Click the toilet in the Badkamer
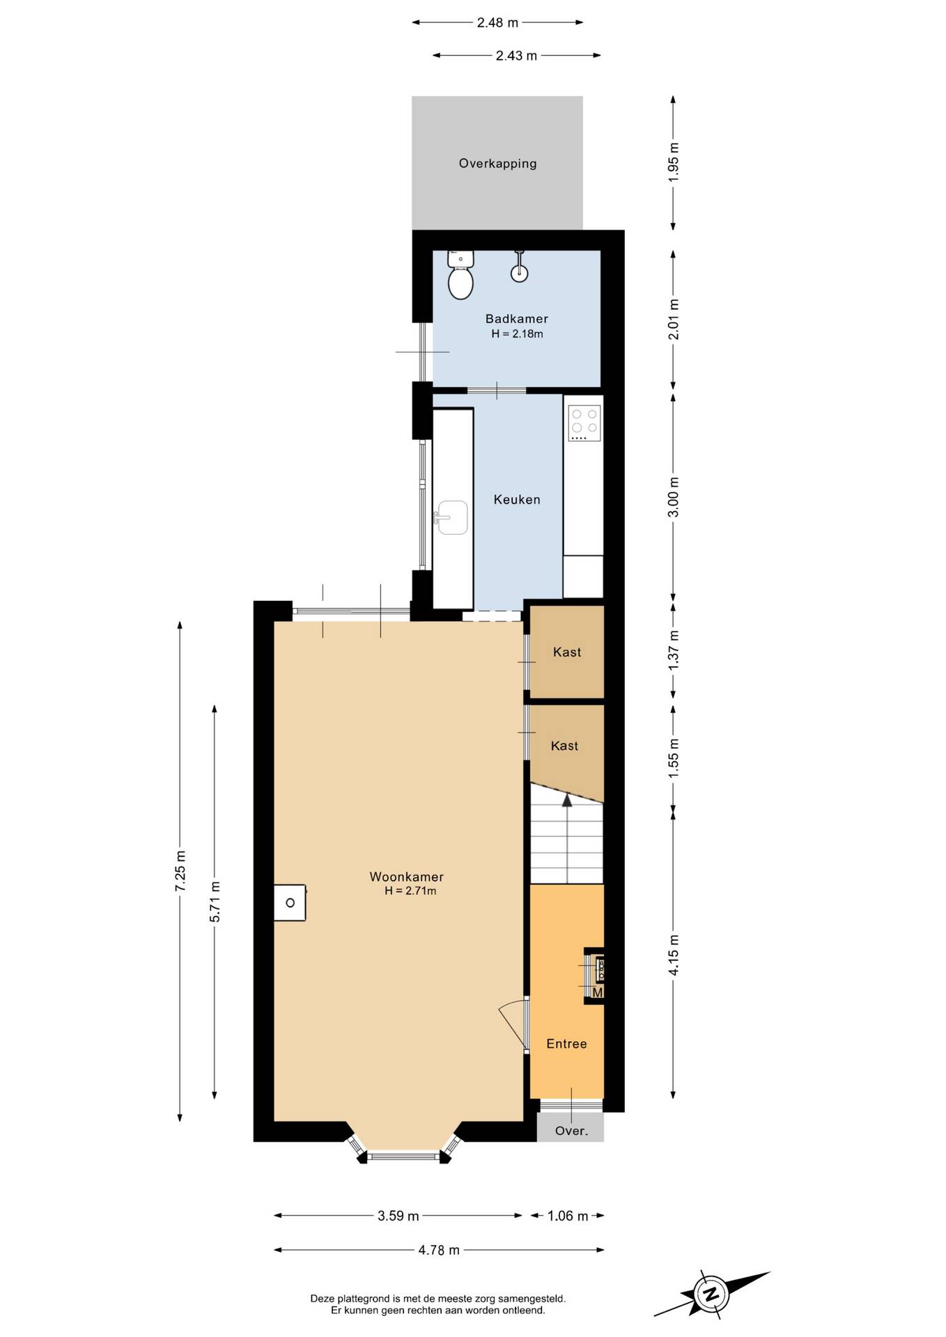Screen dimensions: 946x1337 [x=460, y=275]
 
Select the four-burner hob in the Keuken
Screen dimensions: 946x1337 [x=584, y=423]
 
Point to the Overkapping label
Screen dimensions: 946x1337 [x=497, y=164]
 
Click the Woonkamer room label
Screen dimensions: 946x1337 [x=406, y=877]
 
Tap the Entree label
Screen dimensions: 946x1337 [x=566, y=1043]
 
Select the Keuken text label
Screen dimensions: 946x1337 [x=517, y=499]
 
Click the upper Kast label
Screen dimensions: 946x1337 [x=567, y=652]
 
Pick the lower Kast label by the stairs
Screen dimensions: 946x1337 [x=564, y=746]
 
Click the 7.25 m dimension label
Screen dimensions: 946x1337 [x=180, y=870]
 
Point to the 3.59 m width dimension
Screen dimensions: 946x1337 [x=398, y=1216]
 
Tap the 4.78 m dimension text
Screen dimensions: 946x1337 [x=439, y=1250]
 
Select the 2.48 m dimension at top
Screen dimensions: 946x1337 [x=497, y=22]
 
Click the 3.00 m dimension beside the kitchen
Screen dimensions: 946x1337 [x=673, y=497]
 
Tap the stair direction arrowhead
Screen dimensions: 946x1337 [x=567, y=800]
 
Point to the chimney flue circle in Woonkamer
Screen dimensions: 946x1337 [x=290, y=903]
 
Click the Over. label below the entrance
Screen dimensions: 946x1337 [x=571, y=1131]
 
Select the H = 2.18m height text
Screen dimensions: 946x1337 [x=517, y=334]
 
